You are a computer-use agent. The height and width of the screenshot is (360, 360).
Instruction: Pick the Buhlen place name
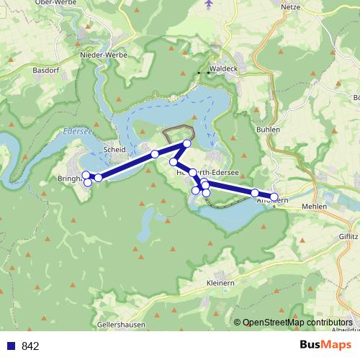267,130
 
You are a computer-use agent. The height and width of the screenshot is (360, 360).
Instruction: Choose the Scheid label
114,150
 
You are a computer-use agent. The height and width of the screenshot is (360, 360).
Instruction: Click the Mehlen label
314,206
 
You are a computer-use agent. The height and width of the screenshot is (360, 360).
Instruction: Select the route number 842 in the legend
30,346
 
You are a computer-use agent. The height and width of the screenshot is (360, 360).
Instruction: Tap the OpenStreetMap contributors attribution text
297,323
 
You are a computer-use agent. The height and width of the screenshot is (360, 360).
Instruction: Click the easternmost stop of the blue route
274,196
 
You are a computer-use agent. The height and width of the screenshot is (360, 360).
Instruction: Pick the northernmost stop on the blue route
186,144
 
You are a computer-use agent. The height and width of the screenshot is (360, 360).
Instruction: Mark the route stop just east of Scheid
155,154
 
